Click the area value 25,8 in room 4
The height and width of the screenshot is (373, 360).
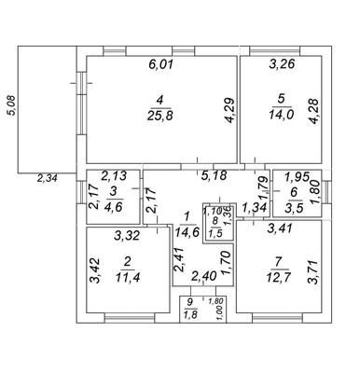[x=159, y=116]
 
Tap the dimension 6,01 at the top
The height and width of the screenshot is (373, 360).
[x=160, y=64]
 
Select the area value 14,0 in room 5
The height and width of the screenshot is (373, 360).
[x=281, y=115]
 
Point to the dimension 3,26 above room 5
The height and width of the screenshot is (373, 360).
[x=282, y=63]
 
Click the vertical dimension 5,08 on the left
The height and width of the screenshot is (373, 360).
[x=12, y=105]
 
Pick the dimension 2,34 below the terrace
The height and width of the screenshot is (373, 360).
[x=48, y=179]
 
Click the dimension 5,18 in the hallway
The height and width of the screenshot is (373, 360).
[x=214, y=175]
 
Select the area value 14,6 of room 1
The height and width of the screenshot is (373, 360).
[x=187, y=232]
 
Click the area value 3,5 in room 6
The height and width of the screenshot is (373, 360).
[x=294, y=207]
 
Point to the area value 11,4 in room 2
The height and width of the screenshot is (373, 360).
[x=128, y=276]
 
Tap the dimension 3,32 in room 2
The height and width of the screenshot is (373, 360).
[x=127, y=236]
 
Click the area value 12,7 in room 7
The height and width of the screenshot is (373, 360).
[x=279, y=276]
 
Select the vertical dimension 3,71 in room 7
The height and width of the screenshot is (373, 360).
[x=312, y=272]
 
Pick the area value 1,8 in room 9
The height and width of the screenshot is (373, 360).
[x=190, y=315]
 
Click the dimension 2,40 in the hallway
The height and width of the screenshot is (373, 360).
[x=203, y=276]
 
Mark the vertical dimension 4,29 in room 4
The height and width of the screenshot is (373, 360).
[x=230, y=110]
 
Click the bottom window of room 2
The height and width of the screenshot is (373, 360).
[x=130, y=318]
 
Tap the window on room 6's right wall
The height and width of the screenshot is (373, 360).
[x=326, y=192]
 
